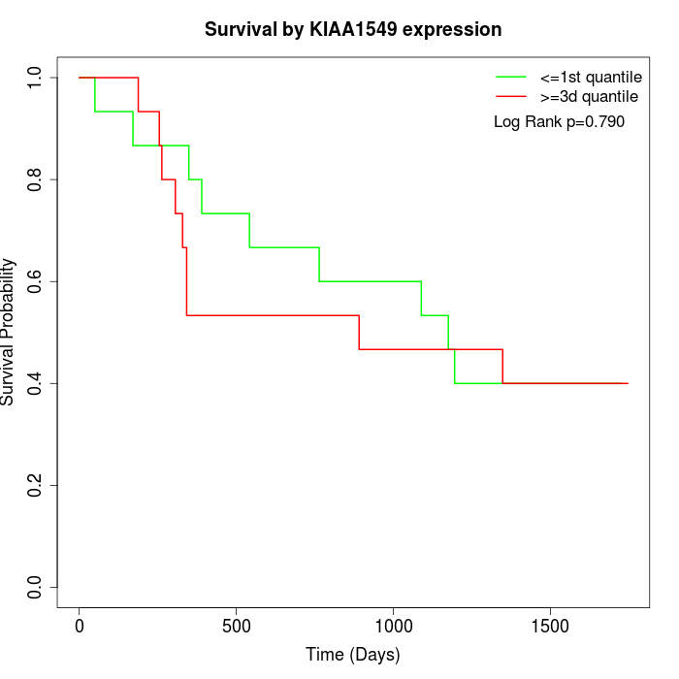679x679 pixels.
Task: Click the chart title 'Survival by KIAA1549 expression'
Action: point(353,29)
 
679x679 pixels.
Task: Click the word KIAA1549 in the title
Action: point(352,29)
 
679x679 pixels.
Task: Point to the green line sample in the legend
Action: point(511,77)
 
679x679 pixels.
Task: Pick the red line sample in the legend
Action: point(511,96)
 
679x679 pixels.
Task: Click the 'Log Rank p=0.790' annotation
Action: point(559,122)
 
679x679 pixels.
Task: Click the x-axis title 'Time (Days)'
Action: point(353,655)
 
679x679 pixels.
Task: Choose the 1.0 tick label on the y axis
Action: point(35,78)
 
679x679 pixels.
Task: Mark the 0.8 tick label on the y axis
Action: point(35,179)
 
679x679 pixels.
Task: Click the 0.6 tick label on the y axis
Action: point(35,281)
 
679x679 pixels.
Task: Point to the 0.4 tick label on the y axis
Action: point(35,383)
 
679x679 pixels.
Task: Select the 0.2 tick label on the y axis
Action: point(35,485)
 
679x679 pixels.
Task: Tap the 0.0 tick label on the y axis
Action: point(35,587)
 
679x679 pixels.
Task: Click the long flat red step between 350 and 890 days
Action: point(272,315)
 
